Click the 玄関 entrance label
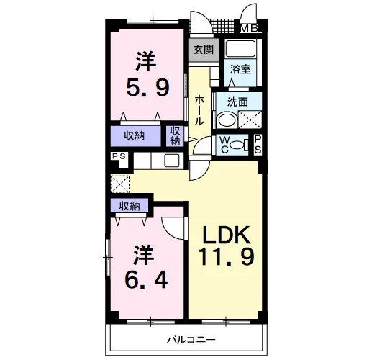tap(204, 50)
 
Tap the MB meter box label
tap(249, 28)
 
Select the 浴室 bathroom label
tap(240, 69)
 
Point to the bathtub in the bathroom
tap(241, 48)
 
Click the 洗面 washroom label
tap(237, 102)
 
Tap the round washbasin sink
tap(227, 120)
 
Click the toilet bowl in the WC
tap(236, 145)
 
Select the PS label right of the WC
tap(258, 145)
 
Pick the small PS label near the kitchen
tap(119, 156)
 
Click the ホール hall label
tap(199, 110)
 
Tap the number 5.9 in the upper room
tap(148, 88)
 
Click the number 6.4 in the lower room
tap(146, 280)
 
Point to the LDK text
tap(226, 235)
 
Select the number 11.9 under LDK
tap(226, 256)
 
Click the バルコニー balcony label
tap(191, 340)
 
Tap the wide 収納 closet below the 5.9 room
tap(135, 136)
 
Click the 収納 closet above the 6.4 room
tap(130, 206)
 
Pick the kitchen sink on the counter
tap(172, 161)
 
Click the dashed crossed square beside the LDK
tap(120, 184)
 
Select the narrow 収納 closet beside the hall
tap(175, 136)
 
